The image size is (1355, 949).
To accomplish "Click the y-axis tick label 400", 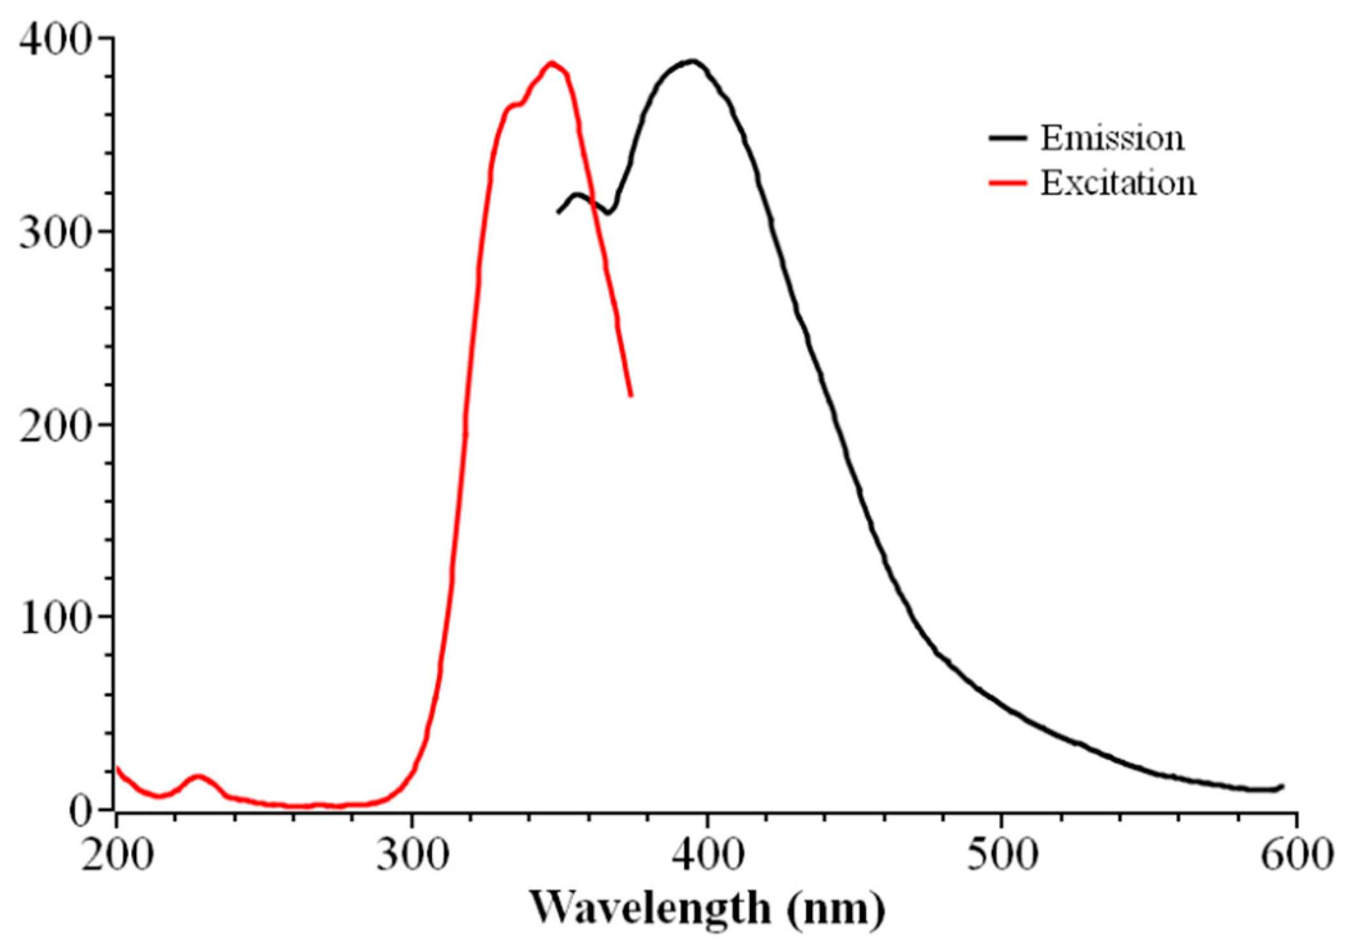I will [x=54, y=40].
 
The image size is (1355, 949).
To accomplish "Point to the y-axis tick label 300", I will [x=54, y=233].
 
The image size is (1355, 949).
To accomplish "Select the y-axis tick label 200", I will [x=54, y=426].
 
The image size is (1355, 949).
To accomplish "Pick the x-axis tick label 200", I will [x=117, y=855].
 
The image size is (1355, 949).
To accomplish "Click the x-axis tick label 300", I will [x=412, y=855].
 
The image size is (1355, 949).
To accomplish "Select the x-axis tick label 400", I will [x=708, y=855].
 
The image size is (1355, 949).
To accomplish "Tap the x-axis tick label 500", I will [x=1002, y=855].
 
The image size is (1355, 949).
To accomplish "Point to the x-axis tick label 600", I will [x=1297, y=855].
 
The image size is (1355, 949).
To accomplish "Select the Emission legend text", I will [x=1112, y=138].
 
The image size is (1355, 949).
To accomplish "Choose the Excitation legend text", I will [x=1118, y=183].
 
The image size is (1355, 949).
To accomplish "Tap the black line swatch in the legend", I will [x=1007, y=138].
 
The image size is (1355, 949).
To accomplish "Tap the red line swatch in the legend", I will [x=1007, y=183].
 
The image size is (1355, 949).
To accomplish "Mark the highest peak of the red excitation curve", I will [x=552, y=63].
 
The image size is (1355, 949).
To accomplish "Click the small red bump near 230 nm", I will [x=198, y=777].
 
